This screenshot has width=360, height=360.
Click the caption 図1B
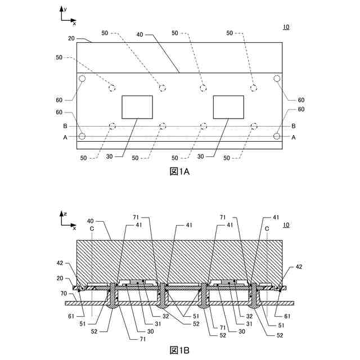[179, 350]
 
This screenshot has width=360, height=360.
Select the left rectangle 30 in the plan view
[137, 107]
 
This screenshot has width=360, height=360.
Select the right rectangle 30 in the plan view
[228, 107]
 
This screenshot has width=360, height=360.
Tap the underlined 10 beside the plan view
[286, 27]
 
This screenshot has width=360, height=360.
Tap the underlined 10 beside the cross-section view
[286, 226]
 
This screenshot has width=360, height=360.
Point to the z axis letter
[66, 214]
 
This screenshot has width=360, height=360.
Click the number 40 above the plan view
[140, 34]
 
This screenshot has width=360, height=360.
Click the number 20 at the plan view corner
[71, 39]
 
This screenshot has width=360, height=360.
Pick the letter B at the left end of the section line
[65, 126]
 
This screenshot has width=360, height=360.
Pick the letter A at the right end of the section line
[294, 137]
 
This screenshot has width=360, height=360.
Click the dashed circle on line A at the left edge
[82, 136]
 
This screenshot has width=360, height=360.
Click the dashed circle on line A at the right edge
[277, 136]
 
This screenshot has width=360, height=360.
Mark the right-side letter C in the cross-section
[267, 229]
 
